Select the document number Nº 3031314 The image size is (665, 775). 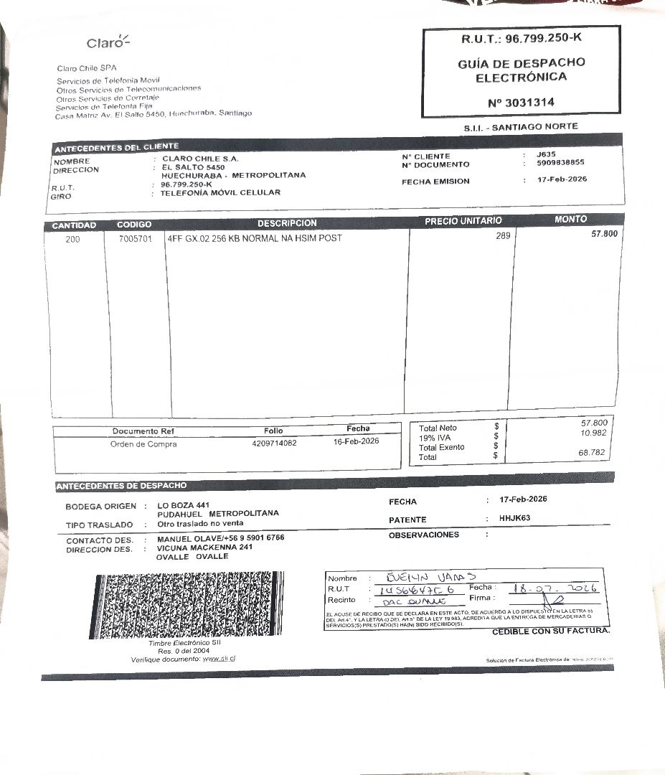[520, 103]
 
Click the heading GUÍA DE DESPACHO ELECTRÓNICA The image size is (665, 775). [521, 70]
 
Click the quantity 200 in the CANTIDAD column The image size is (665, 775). [72, 240]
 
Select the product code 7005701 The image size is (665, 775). [135, 240]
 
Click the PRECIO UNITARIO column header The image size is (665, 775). [463, 221]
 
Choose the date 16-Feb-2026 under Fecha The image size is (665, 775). [357, 441]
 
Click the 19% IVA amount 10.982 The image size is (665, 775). [593, 433]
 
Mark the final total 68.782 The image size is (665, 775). [593, 453]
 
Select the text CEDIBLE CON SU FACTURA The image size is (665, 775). [550, 631]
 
